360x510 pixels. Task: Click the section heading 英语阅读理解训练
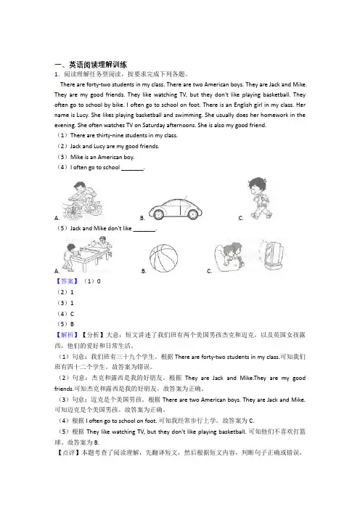click(98, 65)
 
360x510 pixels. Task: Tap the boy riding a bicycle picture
click(83, 200)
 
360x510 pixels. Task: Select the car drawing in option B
click(175, 209)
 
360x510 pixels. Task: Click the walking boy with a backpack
click(260, 198)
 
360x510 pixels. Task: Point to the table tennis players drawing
click(88, 254)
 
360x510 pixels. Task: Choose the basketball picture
click(164, 259)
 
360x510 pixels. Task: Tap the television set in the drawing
click(274, 255)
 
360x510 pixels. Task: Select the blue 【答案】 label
click(67, 281)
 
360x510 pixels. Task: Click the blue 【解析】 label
click(67, 335)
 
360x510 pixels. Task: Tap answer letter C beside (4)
click(72, 314)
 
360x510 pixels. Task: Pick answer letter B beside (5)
click(72, 324)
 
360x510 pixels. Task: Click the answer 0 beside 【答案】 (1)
click(99, 281)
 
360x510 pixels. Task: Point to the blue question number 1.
click(57, 74)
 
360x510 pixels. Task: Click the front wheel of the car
click(158, 214)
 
